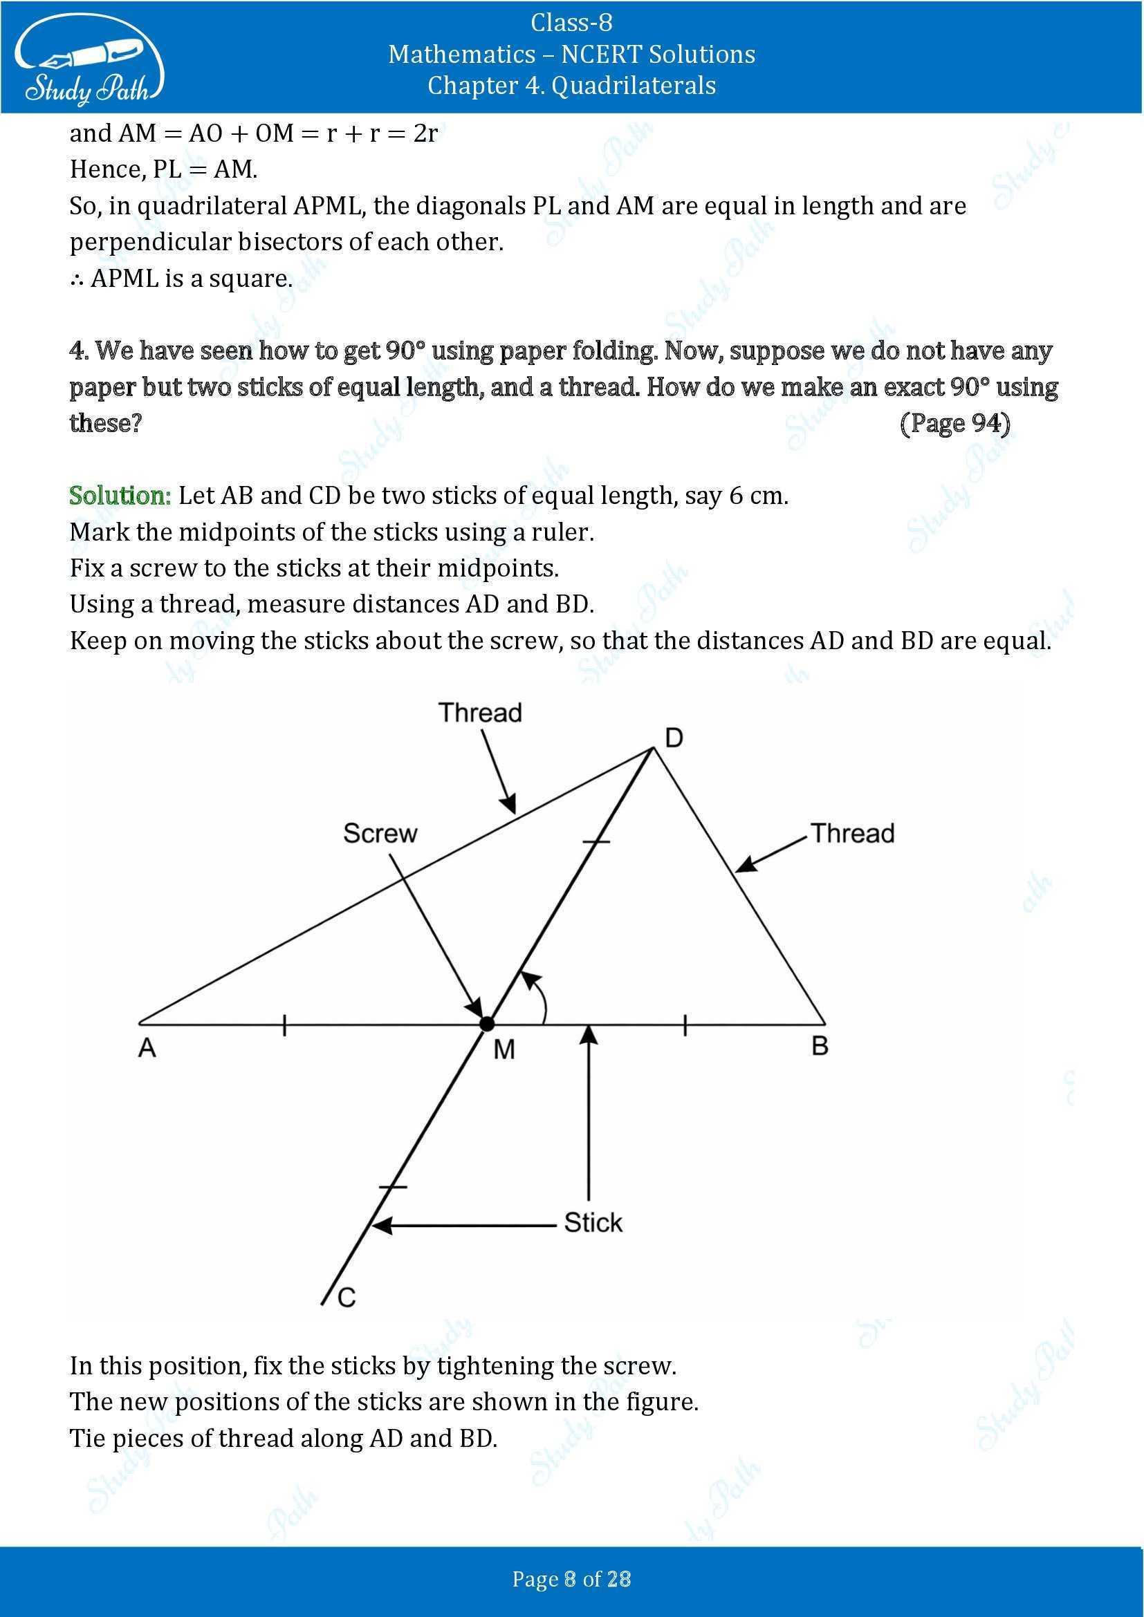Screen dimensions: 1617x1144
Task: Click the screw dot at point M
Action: click(487, 1024)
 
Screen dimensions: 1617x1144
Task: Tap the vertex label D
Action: click(674, 738)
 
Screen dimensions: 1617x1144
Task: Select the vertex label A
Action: click(147, 1048)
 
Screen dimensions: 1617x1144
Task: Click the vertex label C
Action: click(347, 1296)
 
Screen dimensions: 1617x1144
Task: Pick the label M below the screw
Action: click(504, 1050)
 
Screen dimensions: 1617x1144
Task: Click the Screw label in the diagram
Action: click(380, 833)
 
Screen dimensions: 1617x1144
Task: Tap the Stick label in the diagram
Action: click(593, 1223)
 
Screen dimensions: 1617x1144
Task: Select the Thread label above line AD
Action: click(481, 713)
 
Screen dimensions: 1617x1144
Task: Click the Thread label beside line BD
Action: click(852, 833)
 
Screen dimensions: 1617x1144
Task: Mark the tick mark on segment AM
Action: click(284, 1025)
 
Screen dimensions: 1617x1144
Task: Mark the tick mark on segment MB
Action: click(685, 1025)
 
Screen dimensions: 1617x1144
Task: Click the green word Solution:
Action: click(120, 496)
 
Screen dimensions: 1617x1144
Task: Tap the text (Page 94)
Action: click(954, 423)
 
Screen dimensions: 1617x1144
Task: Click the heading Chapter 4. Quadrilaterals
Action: click(571, 86)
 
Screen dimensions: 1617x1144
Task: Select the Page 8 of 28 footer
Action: click(571, 1579)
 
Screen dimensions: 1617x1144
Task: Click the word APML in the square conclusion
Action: click(124, 279)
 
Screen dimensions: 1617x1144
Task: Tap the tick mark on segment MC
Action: click(393, 1187)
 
